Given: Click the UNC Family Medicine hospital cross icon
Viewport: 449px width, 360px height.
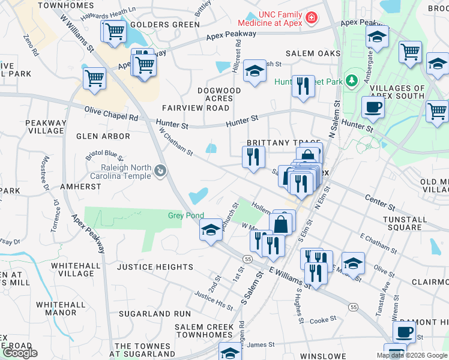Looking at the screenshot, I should point(311,19).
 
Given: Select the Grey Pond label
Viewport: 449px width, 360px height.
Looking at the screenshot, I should point(185,215).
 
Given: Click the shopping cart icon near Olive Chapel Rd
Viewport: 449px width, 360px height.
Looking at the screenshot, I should point(95,78).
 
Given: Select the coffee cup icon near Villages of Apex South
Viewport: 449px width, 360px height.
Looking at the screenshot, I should point(373,107).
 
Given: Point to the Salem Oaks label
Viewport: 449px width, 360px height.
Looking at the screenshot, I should point(313,53).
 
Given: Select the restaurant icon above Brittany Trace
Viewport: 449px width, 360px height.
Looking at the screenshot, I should point(303,86).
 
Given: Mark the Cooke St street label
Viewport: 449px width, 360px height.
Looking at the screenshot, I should point(323,320).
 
